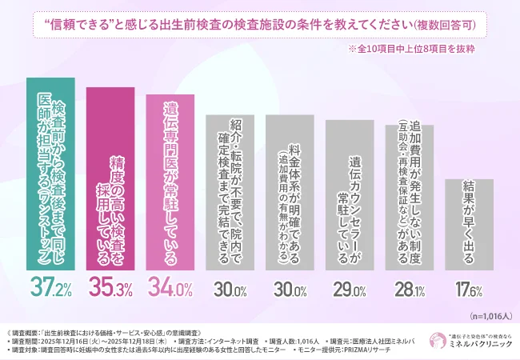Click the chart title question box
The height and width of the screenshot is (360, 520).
pyautogui.click(x=260, y=23)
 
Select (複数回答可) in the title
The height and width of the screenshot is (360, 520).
pyautogui.click(x=452, y=24)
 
